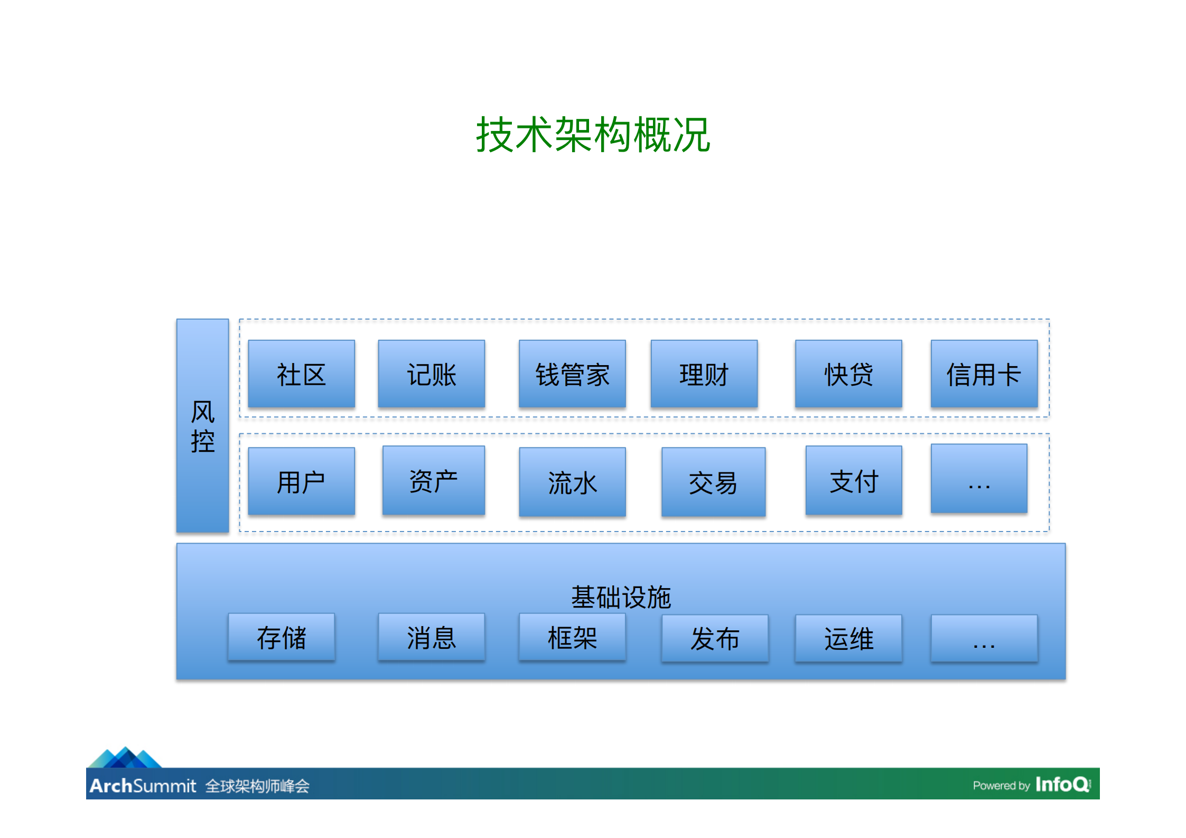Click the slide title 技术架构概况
tap(593, 135)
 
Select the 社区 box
tap(301, 374)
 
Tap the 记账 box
tap(431, 374)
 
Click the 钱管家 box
tap(572, 374)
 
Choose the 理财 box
tap(704, 374)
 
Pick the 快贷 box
tap(848, 374)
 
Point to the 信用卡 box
tap(984, 374)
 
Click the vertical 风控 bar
tap(202, 426)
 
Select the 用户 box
tap(301, 481)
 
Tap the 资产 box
tap(433, 480)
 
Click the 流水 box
tap(572, 482)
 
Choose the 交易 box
tap(713, 482)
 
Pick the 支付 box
tap(853, 480)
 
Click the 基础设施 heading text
tap(621, 597)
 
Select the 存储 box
tap(281, 637)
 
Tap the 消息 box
tap(431, 637)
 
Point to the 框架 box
tap(572, 637)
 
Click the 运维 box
tap(848, 638)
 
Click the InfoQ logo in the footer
tap(1062, 784)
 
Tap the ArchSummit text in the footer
tap(143, 786)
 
